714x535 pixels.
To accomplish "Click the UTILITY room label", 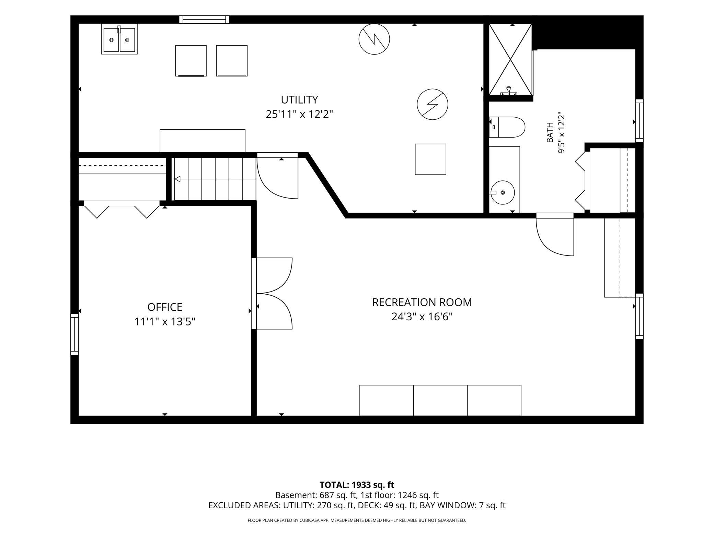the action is click(299, 100).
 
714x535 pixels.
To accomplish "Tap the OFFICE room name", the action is click(165, 307).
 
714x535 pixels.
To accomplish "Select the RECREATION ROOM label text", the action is click(422, 302).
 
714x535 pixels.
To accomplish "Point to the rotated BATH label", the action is click(550, 132).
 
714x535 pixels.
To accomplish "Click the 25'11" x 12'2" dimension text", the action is click(299, 114).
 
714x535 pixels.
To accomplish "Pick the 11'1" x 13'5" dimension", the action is click(165, 322).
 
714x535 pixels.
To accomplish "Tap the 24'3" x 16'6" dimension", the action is click(422, 317).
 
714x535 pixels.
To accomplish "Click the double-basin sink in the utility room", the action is click(119, 39).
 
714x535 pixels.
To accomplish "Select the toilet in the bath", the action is click(507, 127).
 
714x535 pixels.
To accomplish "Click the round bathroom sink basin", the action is click(503, 192).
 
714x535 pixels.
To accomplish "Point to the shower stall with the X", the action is click(510, 60).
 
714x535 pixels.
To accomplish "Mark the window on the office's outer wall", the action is click(74, 334).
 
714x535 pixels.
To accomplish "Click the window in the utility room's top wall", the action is click(204, 20).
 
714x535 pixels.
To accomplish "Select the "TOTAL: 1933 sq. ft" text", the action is click(357, 485).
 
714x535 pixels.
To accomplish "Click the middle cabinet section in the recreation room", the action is click(440, 400).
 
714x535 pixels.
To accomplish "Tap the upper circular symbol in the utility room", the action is click(374, 39).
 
